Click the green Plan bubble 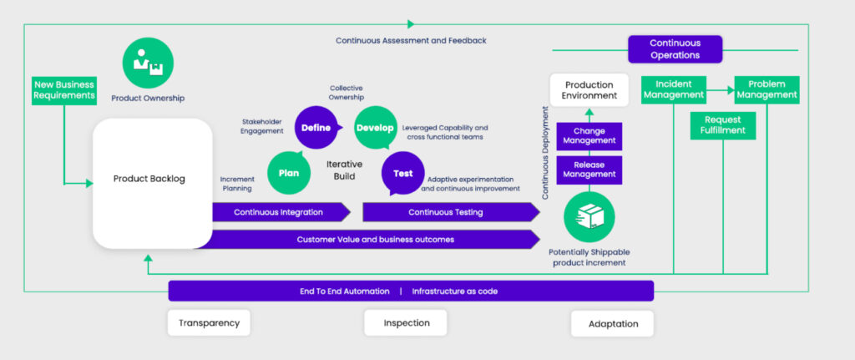tap(284, 174)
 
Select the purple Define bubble tap(316, 128)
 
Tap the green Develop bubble tap(375, 128)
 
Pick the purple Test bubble tap(402, 174)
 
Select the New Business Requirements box tap(64, 89)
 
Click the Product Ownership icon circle tap(148, 61)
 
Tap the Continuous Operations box tap(675, 49)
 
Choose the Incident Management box tap(674, 89)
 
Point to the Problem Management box tap(766, 89)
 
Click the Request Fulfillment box tap(722, 125)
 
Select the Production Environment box tap(589, 90)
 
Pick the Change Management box tap(589, 136)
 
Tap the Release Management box tap(589, 170)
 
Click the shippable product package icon tap(589, 215)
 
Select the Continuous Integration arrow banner tap(279, 212)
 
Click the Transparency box tap(209, 323)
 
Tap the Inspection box tap(406, 323)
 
